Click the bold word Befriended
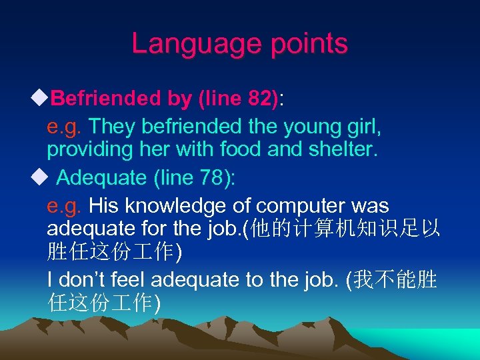106,99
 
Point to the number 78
210,178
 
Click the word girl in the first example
359,125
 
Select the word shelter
344,149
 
